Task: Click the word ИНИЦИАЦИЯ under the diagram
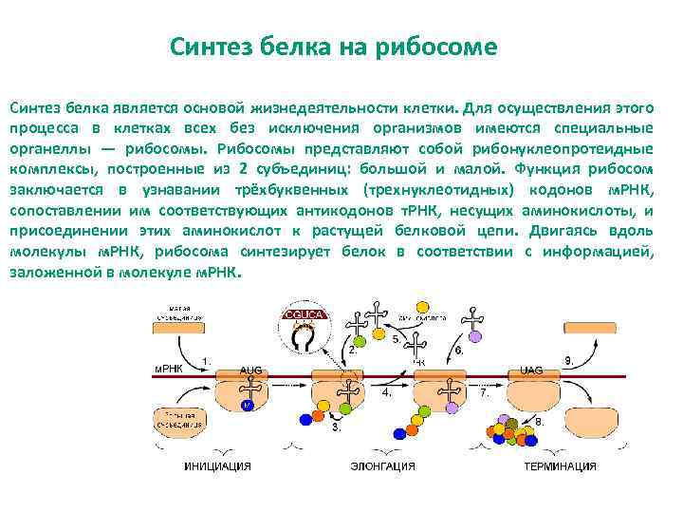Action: click(218, 466)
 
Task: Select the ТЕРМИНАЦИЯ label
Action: click(560, 466)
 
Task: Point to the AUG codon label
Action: click(250, 369)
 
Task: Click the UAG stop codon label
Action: click(532, 369)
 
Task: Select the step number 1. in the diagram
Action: click(207, 360)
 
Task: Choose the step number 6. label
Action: click(458, 350)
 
